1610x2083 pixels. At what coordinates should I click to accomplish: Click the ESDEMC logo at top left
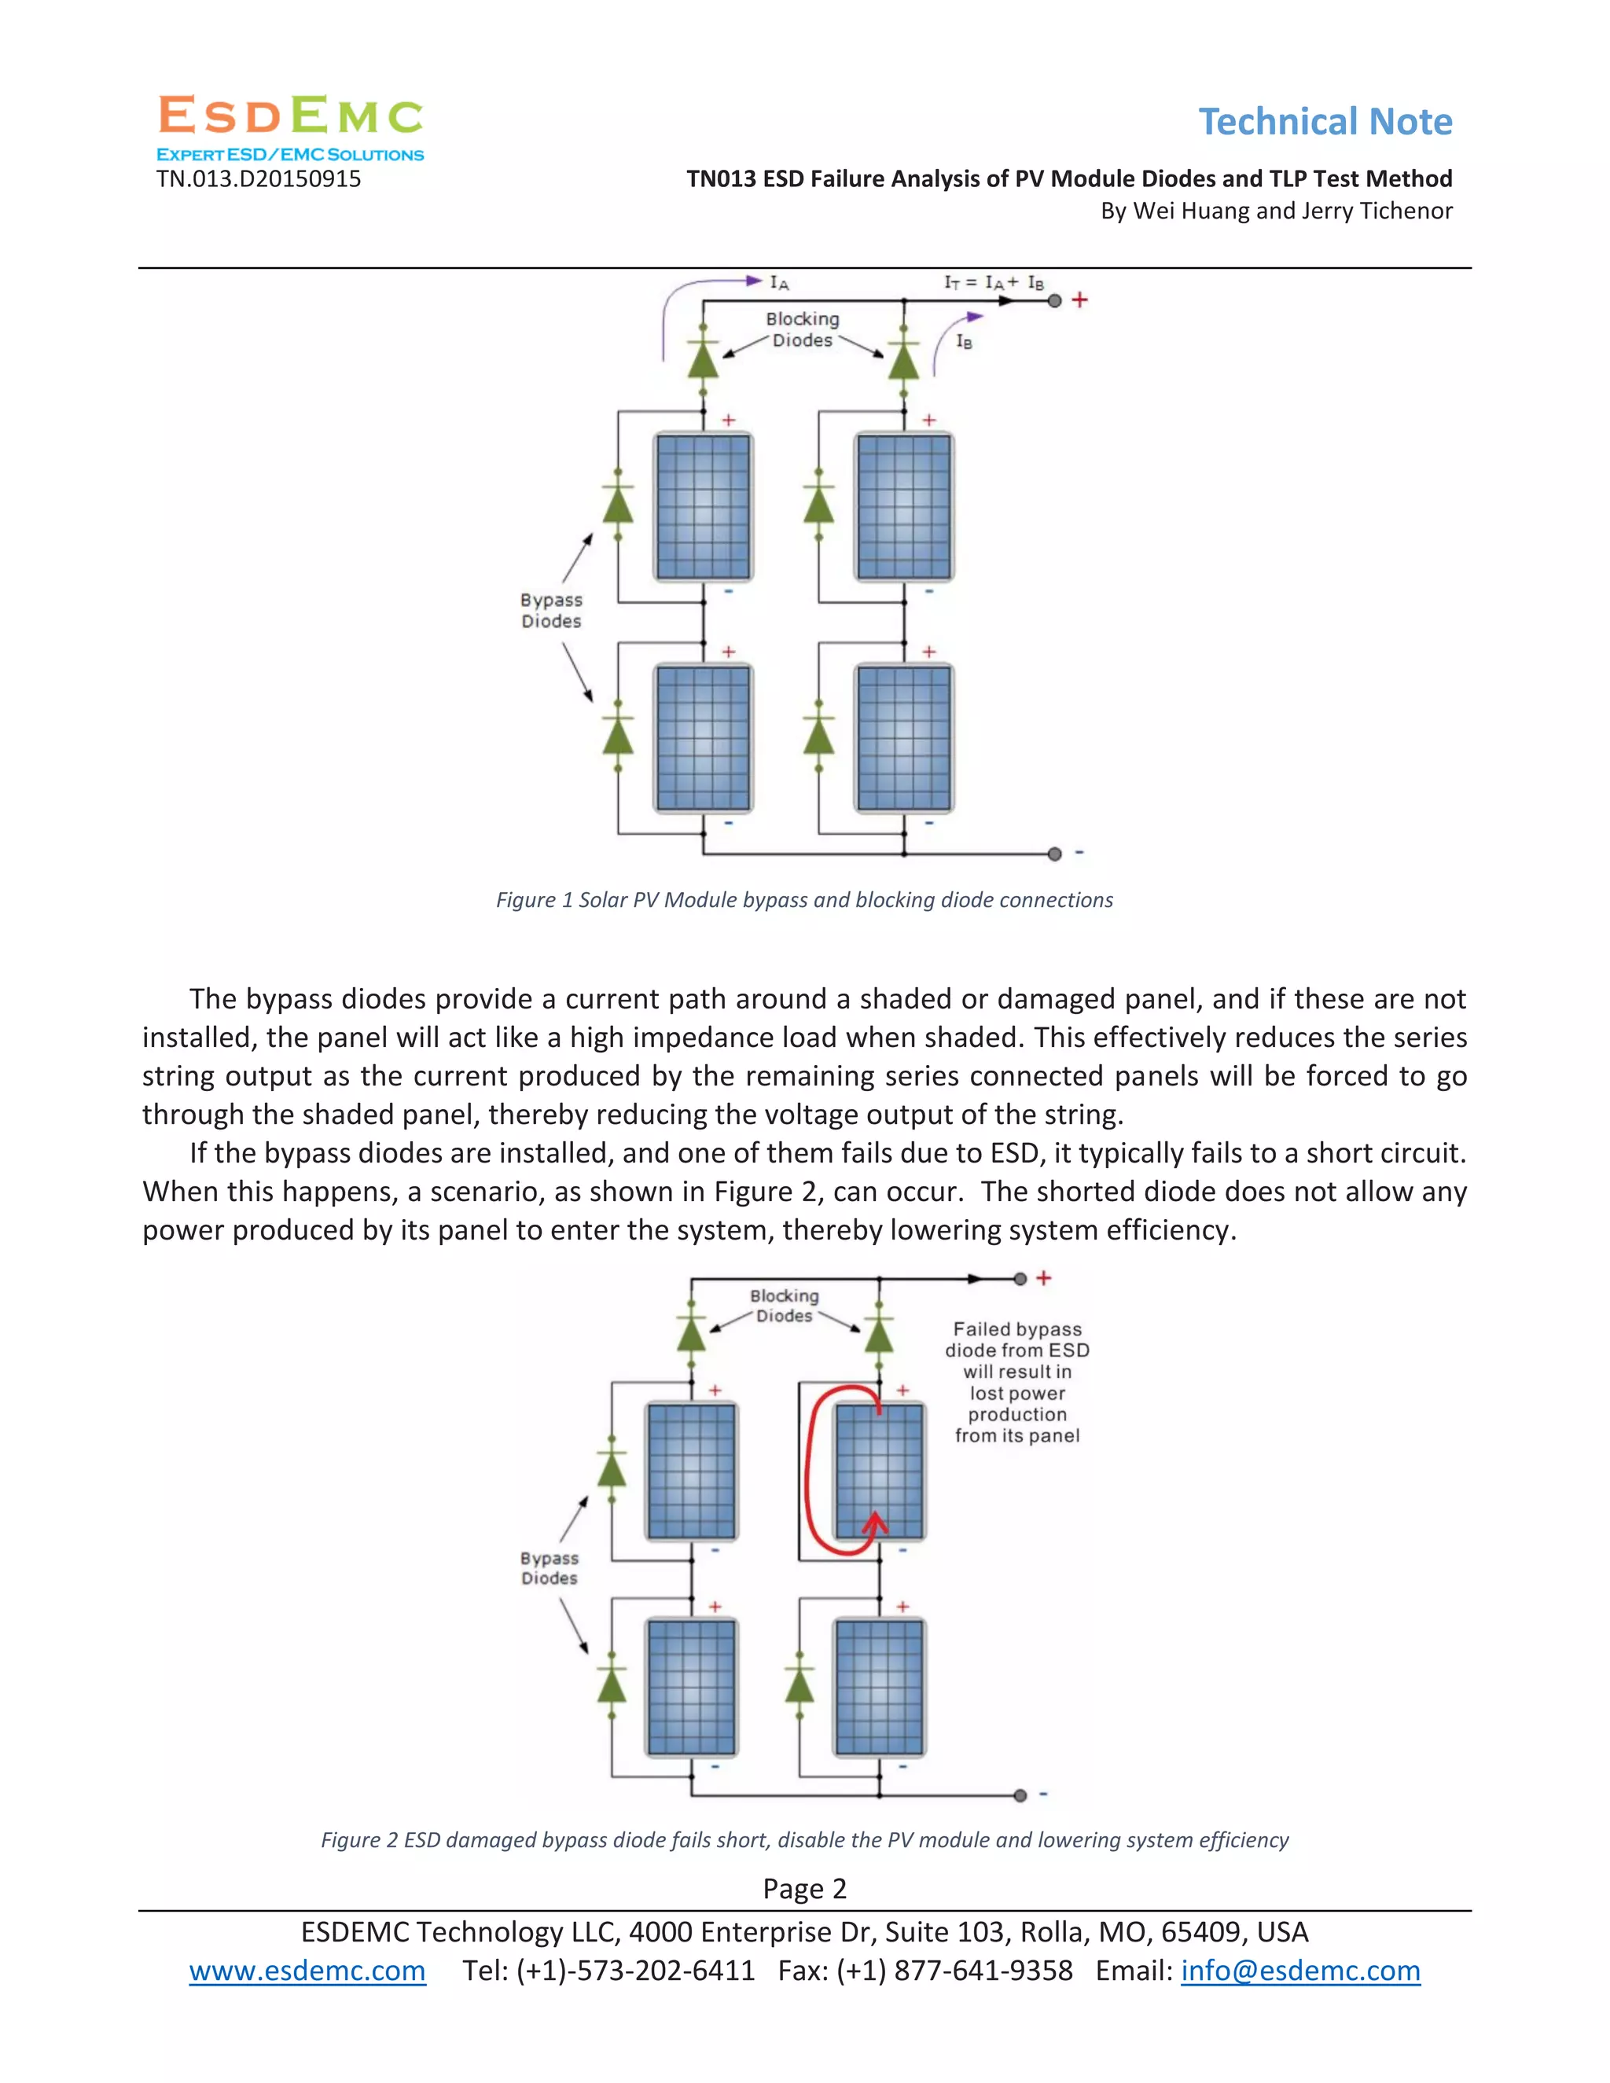click(x=290, y=127)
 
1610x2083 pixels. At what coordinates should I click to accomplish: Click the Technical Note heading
click(x=1325, y=122)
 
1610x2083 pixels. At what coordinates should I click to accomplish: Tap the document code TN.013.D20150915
click(x=259, y=179)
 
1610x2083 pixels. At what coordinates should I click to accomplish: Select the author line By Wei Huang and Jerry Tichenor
click(x=1276, y=211)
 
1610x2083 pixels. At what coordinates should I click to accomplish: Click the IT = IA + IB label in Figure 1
click(x=993, y=282)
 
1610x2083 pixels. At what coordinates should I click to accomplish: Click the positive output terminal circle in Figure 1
click(x=1054, y=300)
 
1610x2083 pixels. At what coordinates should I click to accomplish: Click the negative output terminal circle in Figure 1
click(x=1054, y=854)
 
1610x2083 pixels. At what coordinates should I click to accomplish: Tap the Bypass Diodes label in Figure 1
click(x=551, y=611)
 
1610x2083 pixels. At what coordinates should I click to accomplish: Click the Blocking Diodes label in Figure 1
click(x=802, y=329)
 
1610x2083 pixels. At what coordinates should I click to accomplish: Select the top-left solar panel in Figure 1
click(x=703, y=506)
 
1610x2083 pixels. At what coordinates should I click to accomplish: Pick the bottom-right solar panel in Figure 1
click(x=903, y=739)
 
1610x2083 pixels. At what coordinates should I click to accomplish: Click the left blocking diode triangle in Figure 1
click(x=703, y=362)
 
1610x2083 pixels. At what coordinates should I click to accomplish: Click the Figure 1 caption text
click(x=804, y=900)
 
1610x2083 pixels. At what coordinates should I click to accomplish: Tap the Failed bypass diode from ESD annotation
click(x=1016, y=1382)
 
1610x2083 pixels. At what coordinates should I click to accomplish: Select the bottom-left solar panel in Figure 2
click(x=692, y=1687)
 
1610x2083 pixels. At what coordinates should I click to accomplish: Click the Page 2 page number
click(x=804, y=1888)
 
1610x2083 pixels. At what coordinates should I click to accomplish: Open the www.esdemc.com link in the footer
click(x=307, y=1971)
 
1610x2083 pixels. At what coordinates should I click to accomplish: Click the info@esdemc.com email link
click(x=1300, y=1971)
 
